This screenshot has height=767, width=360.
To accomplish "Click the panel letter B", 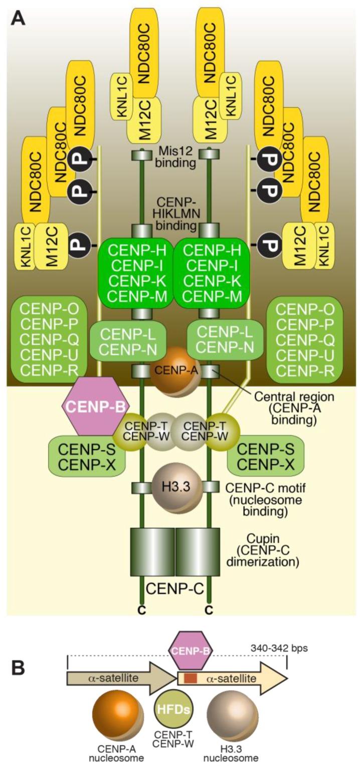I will pyautogui.click(x=18, y=668).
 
